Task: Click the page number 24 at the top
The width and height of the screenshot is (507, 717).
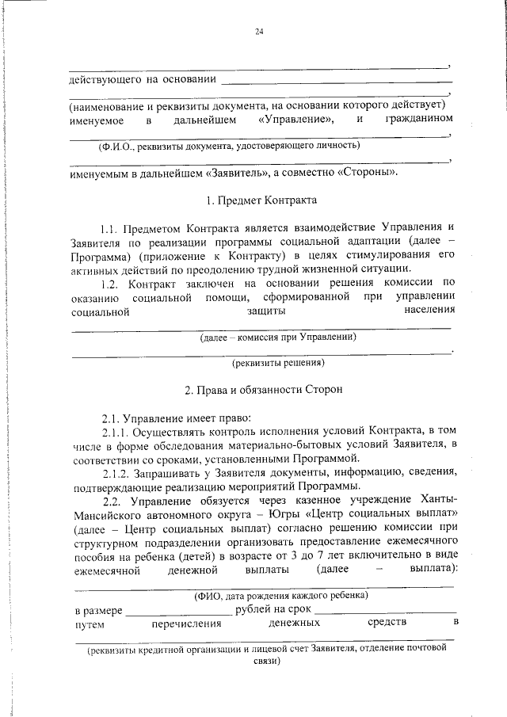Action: click(x=259, y=31)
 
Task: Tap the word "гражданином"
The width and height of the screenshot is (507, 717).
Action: click(x=419, y=119)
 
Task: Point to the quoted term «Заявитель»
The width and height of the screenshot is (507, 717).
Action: click(x=237, y=172)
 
